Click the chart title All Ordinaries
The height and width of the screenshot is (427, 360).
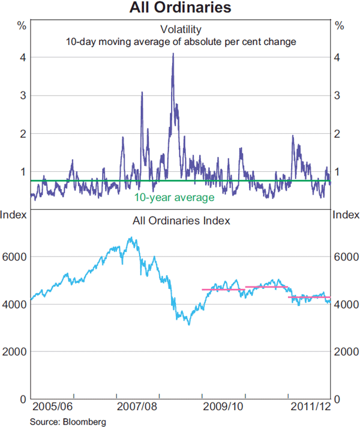pyautogui.click(x=180, y=8)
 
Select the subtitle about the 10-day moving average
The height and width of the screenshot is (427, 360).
pyautogui.click(x=180, y=42)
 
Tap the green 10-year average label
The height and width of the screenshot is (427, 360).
pyautogui.click(x=174, y=197)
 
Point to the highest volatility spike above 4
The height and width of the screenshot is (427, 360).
pyautogui.click(x=173, y=54)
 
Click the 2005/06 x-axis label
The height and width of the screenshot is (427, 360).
pyautogui.click(x=52, y=407)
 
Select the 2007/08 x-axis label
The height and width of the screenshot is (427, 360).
pyautogui.click(x=137, y=407)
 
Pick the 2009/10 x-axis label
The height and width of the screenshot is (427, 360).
pyautogui.click(x=224, y=407)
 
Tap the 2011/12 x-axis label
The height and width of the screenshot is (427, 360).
pyautogui.click(x=310, y=407)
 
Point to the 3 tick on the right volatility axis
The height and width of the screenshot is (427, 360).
pyautogui.click(x=339, y=95)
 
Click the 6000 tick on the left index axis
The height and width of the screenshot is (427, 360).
pyautogui.click(x=15, y=256)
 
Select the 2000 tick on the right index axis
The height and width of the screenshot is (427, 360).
pyautogui.click(x=344, y=351)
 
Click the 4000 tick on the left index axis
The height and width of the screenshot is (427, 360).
pyautogui.click(x=15, y=304)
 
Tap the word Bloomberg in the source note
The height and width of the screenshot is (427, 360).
pyautogui.click(x=88, y=422)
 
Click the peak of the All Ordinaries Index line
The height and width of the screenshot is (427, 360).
pyautogui.click(x=131, y=238)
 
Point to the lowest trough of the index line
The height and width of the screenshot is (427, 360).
pyautogui.click(x=188, y=324)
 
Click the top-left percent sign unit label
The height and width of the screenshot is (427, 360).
pyautogui.click(x=21, y=25)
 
